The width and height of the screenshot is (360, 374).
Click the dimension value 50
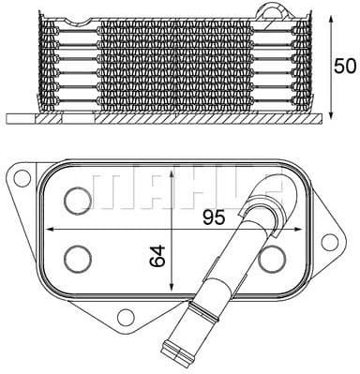point(346,66)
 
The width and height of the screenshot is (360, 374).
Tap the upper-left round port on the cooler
point(78,198)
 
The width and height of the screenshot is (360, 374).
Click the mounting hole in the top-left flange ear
point(20,175)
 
